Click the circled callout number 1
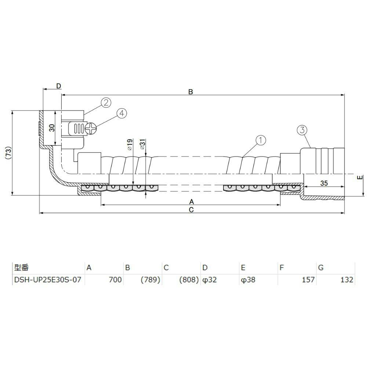pyautogui.click(x=261, y=140)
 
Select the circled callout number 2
pyautogui.click(x=106, y=102)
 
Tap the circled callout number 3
pyautogui.click(x=302, y=130)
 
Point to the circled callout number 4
pyautogui.click(x=121, y=113)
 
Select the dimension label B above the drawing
pyautogui.click(x=190, y=92)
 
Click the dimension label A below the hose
pyautogui.click(x=192, y=201)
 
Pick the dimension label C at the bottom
pyautogui.click(x=191, y=210)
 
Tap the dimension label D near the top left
pyautogui.click(x=58, y=86)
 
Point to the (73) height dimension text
pyautogui.click(x=8, y=153)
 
